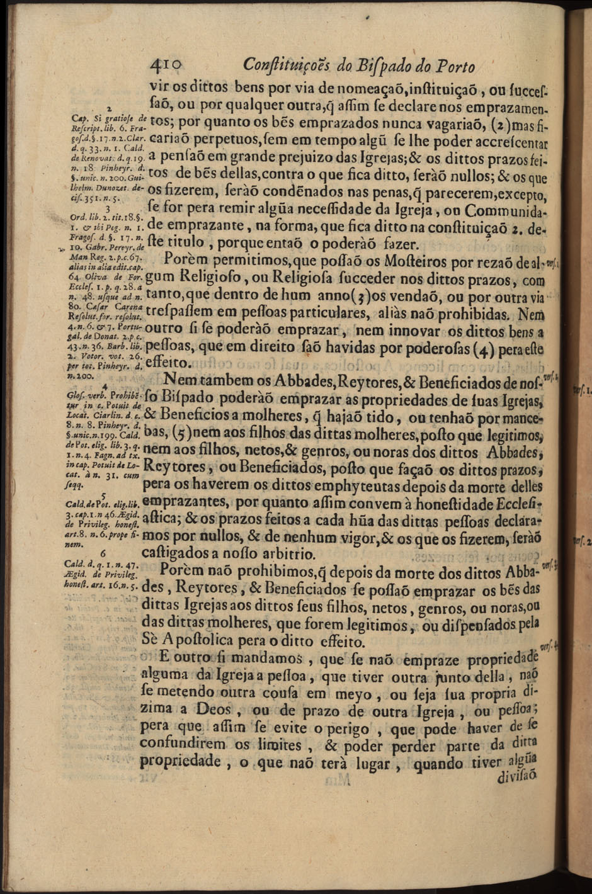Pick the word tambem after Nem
(213, 381)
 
